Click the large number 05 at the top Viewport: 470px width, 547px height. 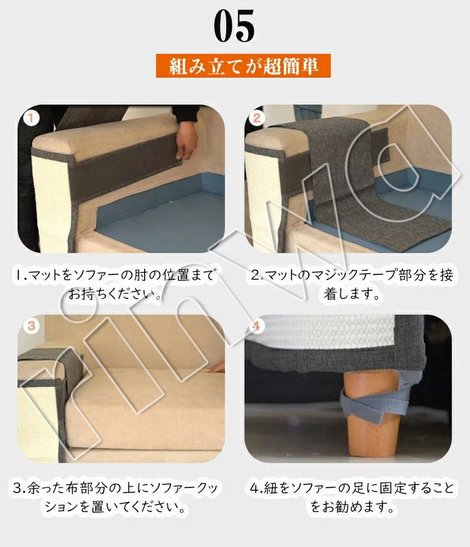pyautogui.click(x=234, y=26)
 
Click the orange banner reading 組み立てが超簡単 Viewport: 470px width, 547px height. pyautogui.click(x=243, y=66)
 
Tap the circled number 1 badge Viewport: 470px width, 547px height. pyautogui.click(x=31, y=118)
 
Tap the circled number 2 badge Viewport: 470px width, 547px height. pyautogui.click(x=257, y=118)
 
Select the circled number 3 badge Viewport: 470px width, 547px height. pyautogui.click(x=31, y=326)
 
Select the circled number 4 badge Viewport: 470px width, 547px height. pyautogui.click(x=257, y=326)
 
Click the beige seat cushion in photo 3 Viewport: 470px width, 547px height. pyautogui.click(x=147, y=408)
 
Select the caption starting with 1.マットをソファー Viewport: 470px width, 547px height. pyautogui.click(x=115, y=284)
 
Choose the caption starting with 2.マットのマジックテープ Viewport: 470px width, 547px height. pyautogui.click(x=352, y=284)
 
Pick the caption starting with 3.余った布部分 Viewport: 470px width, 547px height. pyautogui.click(x=115, y=497)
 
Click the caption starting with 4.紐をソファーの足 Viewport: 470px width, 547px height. pyautogui.click(x=352, y=497)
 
